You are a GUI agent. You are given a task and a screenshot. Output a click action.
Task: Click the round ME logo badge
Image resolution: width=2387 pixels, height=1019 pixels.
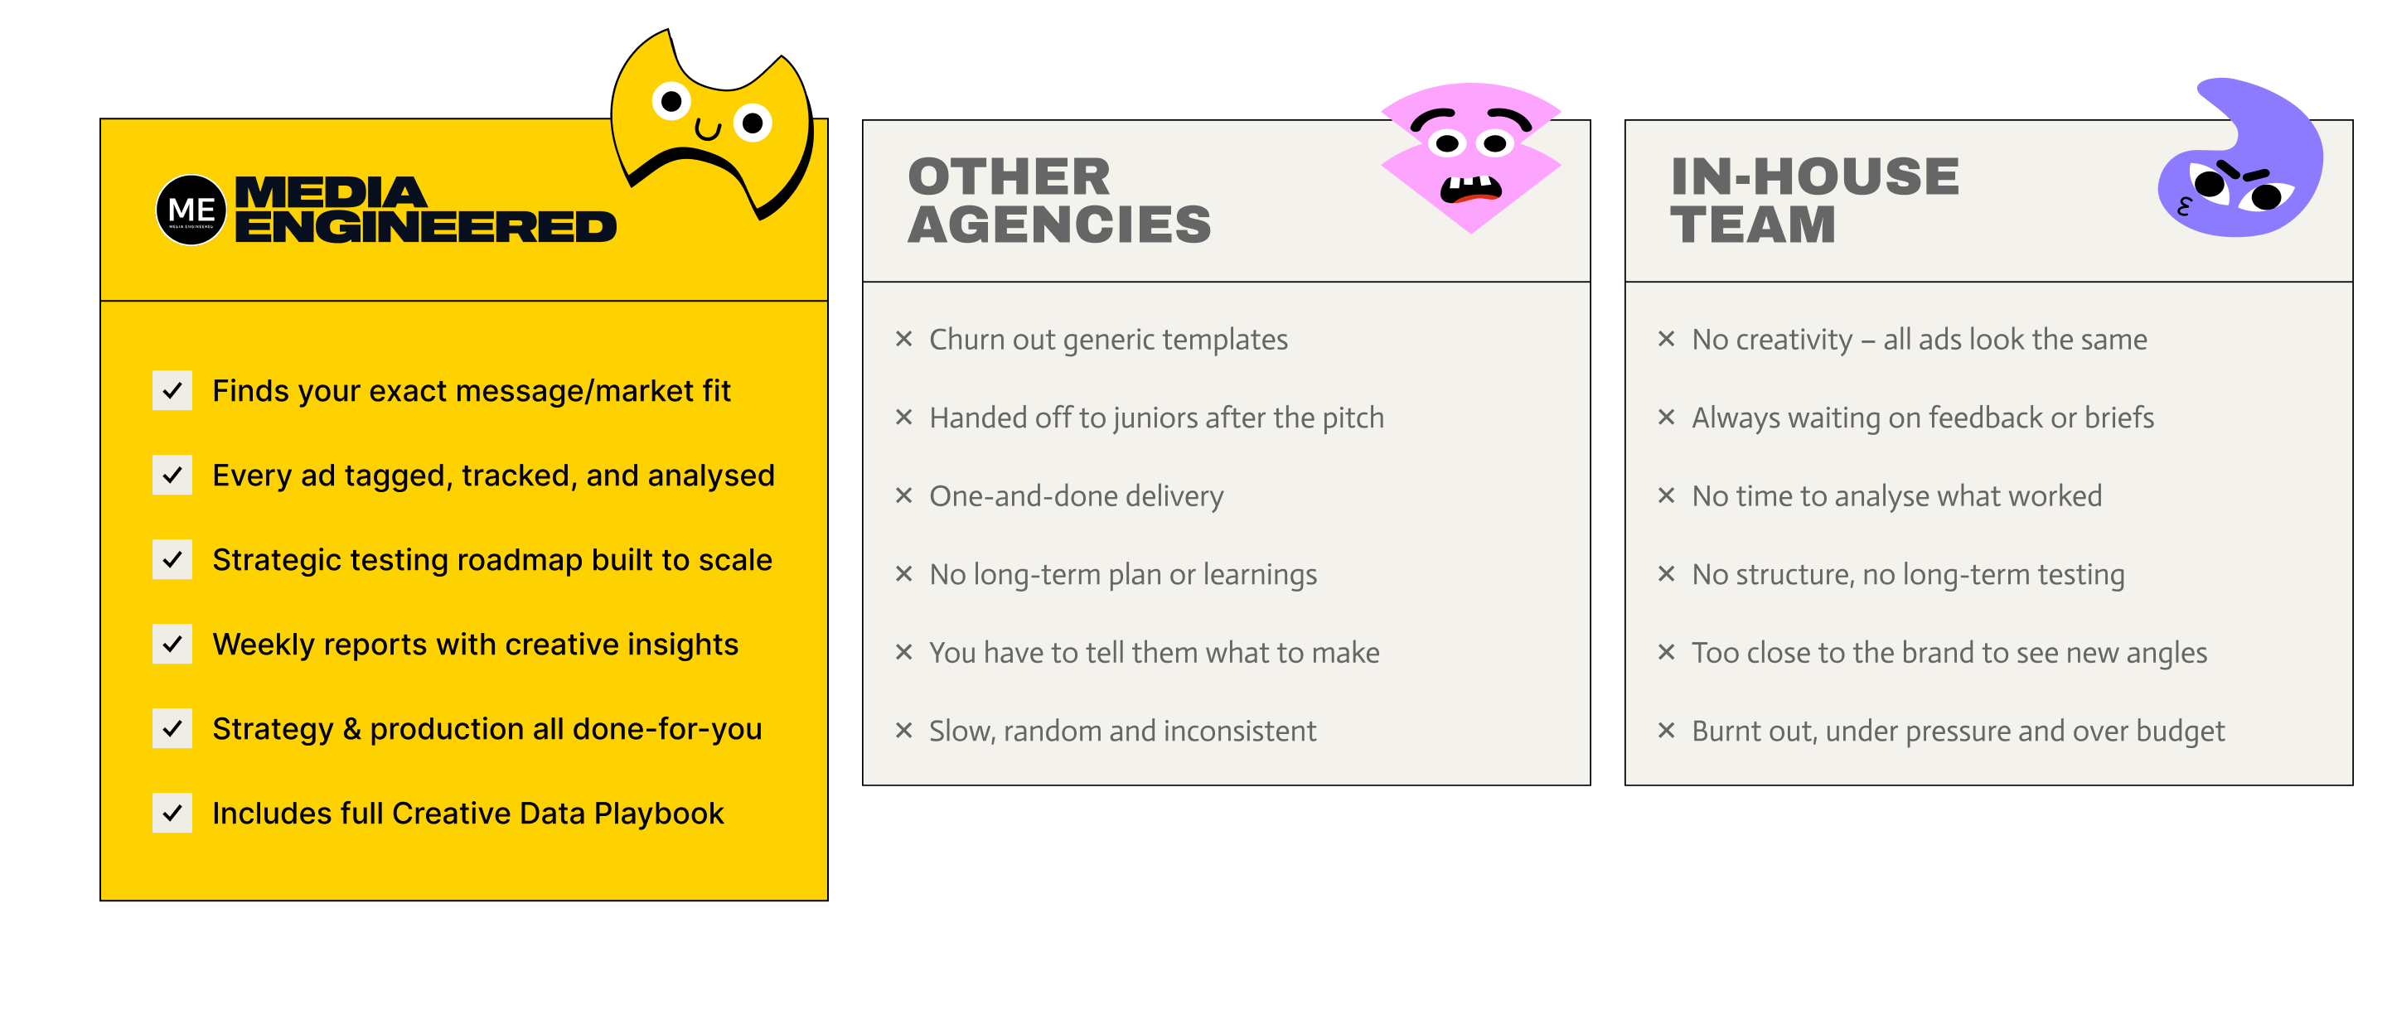tap(191, 210)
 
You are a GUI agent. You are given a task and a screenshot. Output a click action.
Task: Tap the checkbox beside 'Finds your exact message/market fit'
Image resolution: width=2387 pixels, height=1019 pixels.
tap(172, 391)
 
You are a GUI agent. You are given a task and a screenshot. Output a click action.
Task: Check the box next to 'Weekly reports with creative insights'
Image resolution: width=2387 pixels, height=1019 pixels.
tap(172, 645)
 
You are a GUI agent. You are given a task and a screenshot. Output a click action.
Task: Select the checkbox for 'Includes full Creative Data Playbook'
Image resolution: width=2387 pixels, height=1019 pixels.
tap(172, 814)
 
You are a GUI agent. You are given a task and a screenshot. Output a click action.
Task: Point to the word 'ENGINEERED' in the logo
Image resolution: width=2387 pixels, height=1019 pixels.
tap(425, 228)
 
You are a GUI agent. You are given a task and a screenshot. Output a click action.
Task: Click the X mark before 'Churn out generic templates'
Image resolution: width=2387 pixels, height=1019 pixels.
tap(904, 339)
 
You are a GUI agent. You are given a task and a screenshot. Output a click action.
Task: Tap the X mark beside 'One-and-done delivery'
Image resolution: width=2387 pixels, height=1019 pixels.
tap(904, 495)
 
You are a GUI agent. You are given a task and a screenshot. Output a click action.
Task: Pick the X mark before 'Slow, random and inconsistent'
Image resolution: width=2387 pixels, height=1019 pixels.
tap(904, 731)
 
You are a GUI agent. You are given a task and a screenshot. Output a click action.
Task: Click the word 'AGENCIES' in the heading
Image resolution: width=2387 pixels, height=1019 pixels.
tap(1059, 225)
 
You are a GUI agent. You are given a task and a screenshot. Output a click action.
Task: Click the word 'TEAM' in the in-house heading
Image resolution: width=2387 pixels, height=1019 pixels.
tap(1752, 225)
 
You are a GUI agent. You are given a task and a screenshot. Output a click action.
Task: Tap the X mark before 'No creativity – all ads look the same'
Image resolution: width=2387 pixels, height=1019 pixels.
tap(1666, 339)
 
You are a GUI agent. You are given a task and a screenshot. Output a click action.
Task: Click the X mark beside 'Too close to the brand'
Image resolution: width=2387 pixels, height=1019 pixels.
tap(1666, 652)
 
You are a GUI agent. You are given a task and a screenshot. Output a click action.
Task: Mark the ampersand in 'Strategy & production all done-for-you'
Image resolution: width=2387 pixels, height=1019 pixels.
tap(352, 729)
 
